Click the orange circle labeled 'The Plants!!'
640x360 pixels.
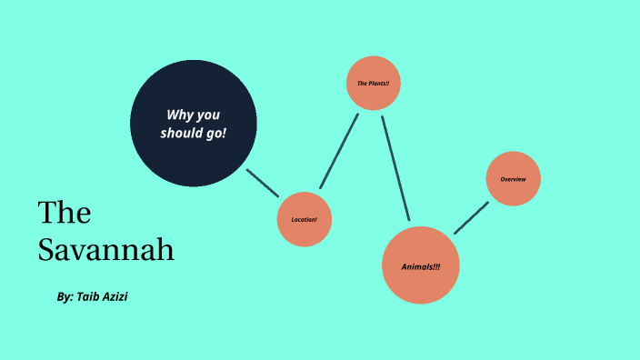374,85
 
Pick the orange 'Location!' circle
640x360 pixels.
304,219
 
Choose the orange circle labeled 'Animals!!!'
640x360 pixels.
420,265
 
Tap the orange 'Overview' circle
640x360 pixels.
514,178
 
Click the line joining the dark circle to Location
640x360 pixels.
263,183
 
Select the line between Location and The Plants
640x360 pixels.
339,150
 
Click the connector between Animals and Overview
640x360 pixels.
471,218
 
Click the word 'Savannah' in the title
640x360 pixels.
106,249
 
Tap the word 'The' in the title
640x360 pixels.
65,213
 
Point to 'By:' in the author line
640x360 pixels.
65,297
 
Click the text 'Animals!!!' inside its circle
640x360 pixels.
420,266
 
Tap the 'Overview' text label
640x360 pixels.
514,179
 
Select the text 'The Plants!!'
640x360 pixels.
374,84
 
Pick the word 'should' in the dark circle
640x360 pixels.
181,133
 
